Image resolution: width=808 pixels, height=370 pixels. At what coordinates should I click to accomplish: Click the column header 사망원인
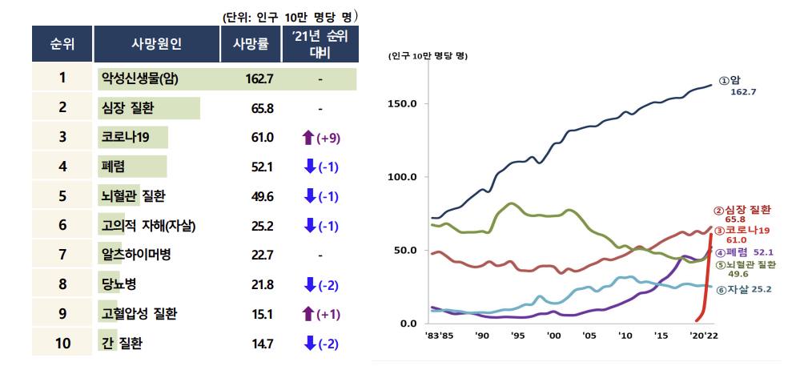coord(156,44)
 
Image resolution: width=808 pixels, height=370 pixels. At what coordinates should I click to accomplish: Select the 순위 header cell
coord(62,44)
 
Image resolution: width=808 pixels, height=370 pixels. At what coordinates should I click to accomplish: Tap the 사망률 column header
coord(251,44)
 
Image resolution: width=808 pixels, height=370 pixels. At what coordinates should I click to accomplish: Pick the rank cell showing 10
coord(62,344)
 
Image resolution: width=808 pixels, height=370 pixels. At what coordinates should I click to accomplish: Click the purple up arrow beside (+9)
coord(308,138)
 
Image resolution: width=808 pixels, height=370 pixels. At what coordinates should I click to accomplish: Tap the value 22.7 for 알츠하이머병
coord(262,255)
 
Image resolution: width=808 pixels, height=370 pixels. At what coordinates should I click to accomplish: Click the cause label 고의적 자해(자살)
coord(149,226)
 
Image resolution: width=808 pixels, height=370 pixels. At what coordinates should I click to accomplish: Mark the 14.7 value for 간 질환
coord(262,344)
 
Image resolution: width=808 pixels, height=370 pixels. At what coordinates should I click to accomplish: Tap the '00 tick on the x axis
coord(553,337)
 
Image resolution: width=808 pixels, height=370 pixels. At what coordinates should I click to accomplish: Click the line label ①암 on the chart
coord(729,80)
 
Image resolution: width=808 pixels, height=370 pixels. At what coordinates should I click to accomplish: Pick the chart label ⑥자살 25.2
coord(747,288)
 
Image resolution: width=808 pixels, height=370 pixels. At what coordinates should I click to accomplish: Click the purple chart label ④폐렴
coord(731,251)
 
